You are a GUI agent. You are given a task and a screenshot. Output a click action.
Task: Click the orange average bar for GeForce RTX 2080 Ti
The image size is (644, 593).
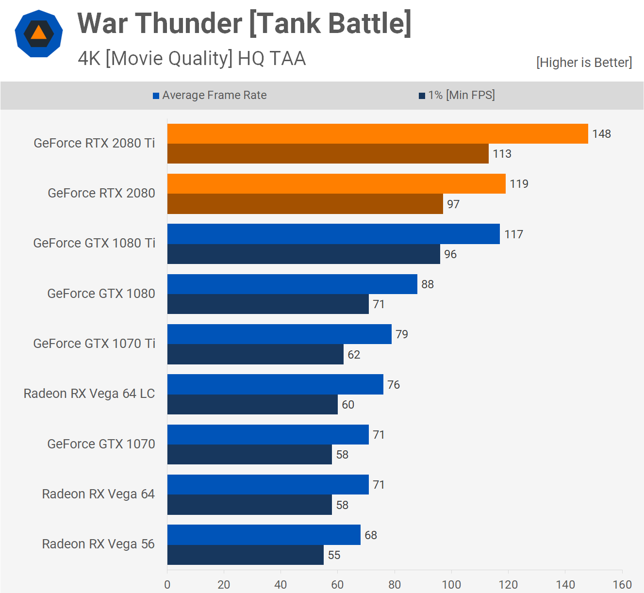pos(378,134)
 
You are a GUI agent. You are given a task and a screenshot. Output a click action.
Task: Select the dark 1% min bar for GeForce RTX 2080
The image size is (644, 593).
pos(305,204)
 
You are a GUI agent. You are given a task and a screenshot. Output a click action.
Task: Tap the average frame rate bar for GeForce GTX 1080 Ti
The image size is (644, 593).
pos(333,234)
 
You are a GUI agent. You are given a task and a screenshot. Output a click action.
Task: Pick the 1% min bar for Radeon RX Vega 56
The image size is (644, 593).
pos(245,555)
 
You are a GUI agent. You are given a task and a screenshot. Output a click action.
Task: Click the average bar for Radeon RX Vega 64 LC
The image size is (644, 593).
pos(275,384)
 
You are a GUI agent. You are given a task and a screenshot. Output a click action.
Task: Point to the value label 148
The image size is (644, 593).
pos(601,134)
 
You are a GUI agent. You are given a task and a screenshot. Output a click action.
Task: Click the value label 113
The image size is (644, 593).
pos(502,154)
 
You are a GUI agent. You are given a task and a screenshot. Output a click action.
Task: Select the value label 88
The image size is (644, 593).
pos(427,284)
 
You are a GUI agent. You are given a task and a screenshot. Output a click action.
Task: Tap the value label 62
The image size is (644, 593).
pos(353,355)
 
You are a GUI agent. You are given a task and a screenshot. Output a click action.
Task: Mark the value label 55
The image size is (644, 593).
pos(334,555)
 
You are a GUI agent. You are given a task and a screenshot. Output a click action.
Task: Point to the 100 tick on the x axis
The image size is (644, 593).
pos(451,584)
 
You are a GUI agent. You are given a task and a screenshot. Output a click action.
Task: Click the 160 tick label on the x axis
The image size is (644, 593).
pos(622,584)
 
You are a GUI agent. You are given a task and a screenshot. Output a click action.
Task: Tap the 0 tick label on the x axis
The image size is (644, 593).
pos(167,584)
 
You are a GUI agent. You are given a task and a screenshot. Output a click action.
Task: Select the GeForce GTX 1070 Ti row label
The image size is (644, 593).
pos(94,344)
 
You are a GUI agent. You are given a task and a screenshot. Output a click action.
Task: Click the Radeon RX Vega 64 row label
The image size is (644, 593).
pos(98,494)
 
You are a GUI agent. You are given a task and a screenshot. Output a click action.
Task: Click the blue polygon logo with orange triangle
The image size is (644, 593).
pos(39,33)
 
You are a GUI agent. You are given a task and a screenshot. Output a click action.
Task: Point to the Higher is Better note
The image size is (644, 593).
pos(584,63)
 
